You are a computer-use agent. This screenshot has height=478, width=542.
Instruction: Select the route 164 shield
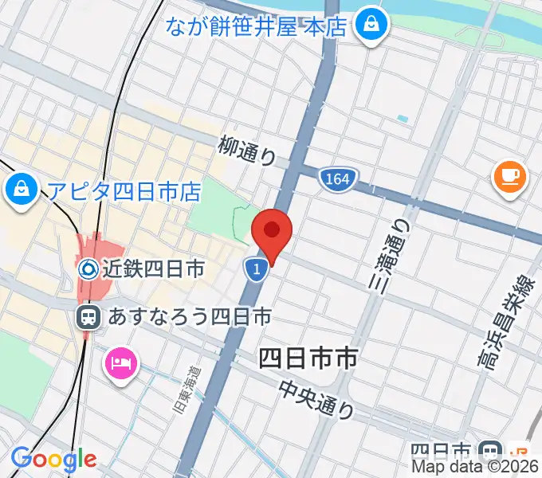(x=336, y=180)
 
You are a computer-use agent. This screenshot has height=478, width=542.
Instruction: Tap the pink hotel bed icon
(x=121, y=365)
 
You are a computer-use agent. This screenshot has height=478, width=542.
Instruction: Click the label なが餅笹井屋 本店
(x=257, y=27)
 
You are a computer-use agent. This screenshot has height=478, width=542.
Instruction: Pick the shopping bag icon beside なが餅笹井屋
(x=371, y=25)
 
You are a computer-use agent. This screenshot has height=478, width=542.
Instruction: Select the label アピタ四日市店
(x=124, y=190)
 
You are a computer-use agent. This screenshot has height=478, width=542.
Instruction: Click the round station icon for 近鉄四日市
(x=88, y=269)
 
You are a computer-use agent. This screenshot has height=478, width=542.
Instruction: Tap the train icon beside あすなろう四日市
(x=88, y=318)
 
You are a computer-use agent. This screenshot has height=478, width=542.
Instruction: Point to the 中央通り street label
(x=316, y=399)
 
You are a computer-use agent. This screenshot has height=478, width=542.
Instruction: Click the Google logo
(x=53, y=459)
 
